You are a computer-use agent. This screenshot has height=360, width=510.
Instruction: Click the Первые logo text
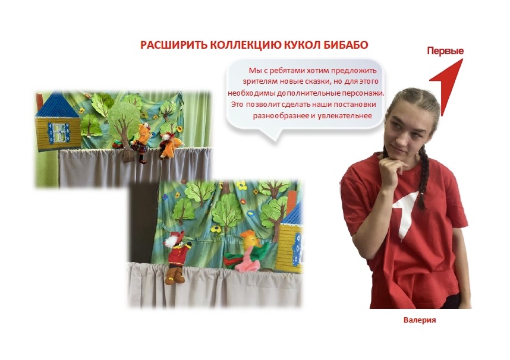[x=445, y=50]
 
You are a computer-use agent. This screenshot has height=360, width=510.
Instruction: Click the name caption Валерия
[x=420, y=320]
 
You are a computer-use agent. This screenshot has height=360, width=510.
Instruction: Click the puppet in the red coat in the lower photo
[x=177, y=256]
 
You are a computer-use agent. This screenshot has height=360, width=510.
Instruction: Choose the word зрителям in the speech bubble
[x=257, y=81]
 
